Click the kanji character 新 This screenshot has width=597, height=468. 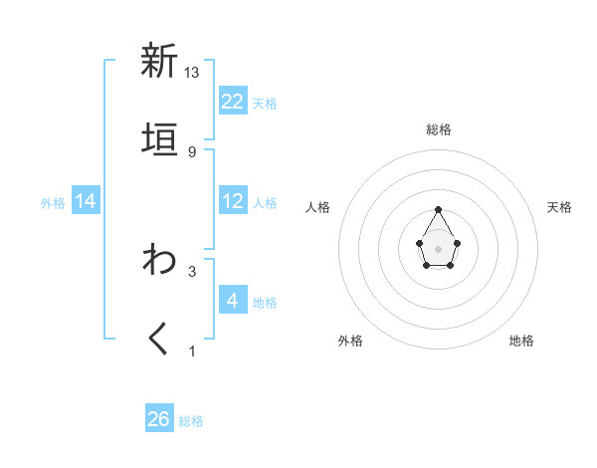click(158, 61)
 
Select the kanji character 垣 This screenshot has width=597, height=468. click(158, 139)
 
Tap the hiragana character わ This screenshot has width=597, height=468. click(158, 260)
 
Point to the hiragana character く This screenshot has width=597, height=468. click(158, 340)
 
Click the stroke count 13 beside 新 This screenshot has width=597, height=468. click(192, 73)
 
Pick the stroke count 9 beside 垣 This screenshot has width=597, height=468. click(192, 151)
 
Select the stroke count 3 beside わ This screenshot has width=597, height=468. click(192, 271)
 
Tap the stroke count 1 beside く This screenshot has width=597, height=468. click(192, 351)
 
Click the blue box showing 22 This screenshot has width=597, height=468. click(233, 102)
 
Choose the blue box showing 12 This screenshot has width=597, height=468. click(233, 202)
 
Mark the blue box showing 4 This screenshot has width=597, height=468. click(233, 301)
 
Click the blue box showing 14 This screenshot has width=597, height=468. click(86, 202)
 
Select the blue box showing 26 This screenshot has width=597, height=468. click(159, 419)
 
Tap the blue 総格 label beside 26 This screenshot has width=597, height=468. click(191, 421)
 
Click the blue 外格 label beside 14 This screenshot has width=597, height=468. click(53, 203)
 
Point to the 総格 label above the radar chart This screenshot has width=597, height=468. click(439, 129)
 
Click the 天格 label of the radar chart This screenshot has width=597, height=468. click(559, 207)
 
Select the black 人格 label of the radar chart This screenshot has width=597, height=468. click(318, 207)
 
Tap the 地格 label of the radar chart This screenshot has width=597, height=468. click(521, 341)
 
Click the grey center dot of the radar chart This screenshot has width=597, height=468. click(438, 247)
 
